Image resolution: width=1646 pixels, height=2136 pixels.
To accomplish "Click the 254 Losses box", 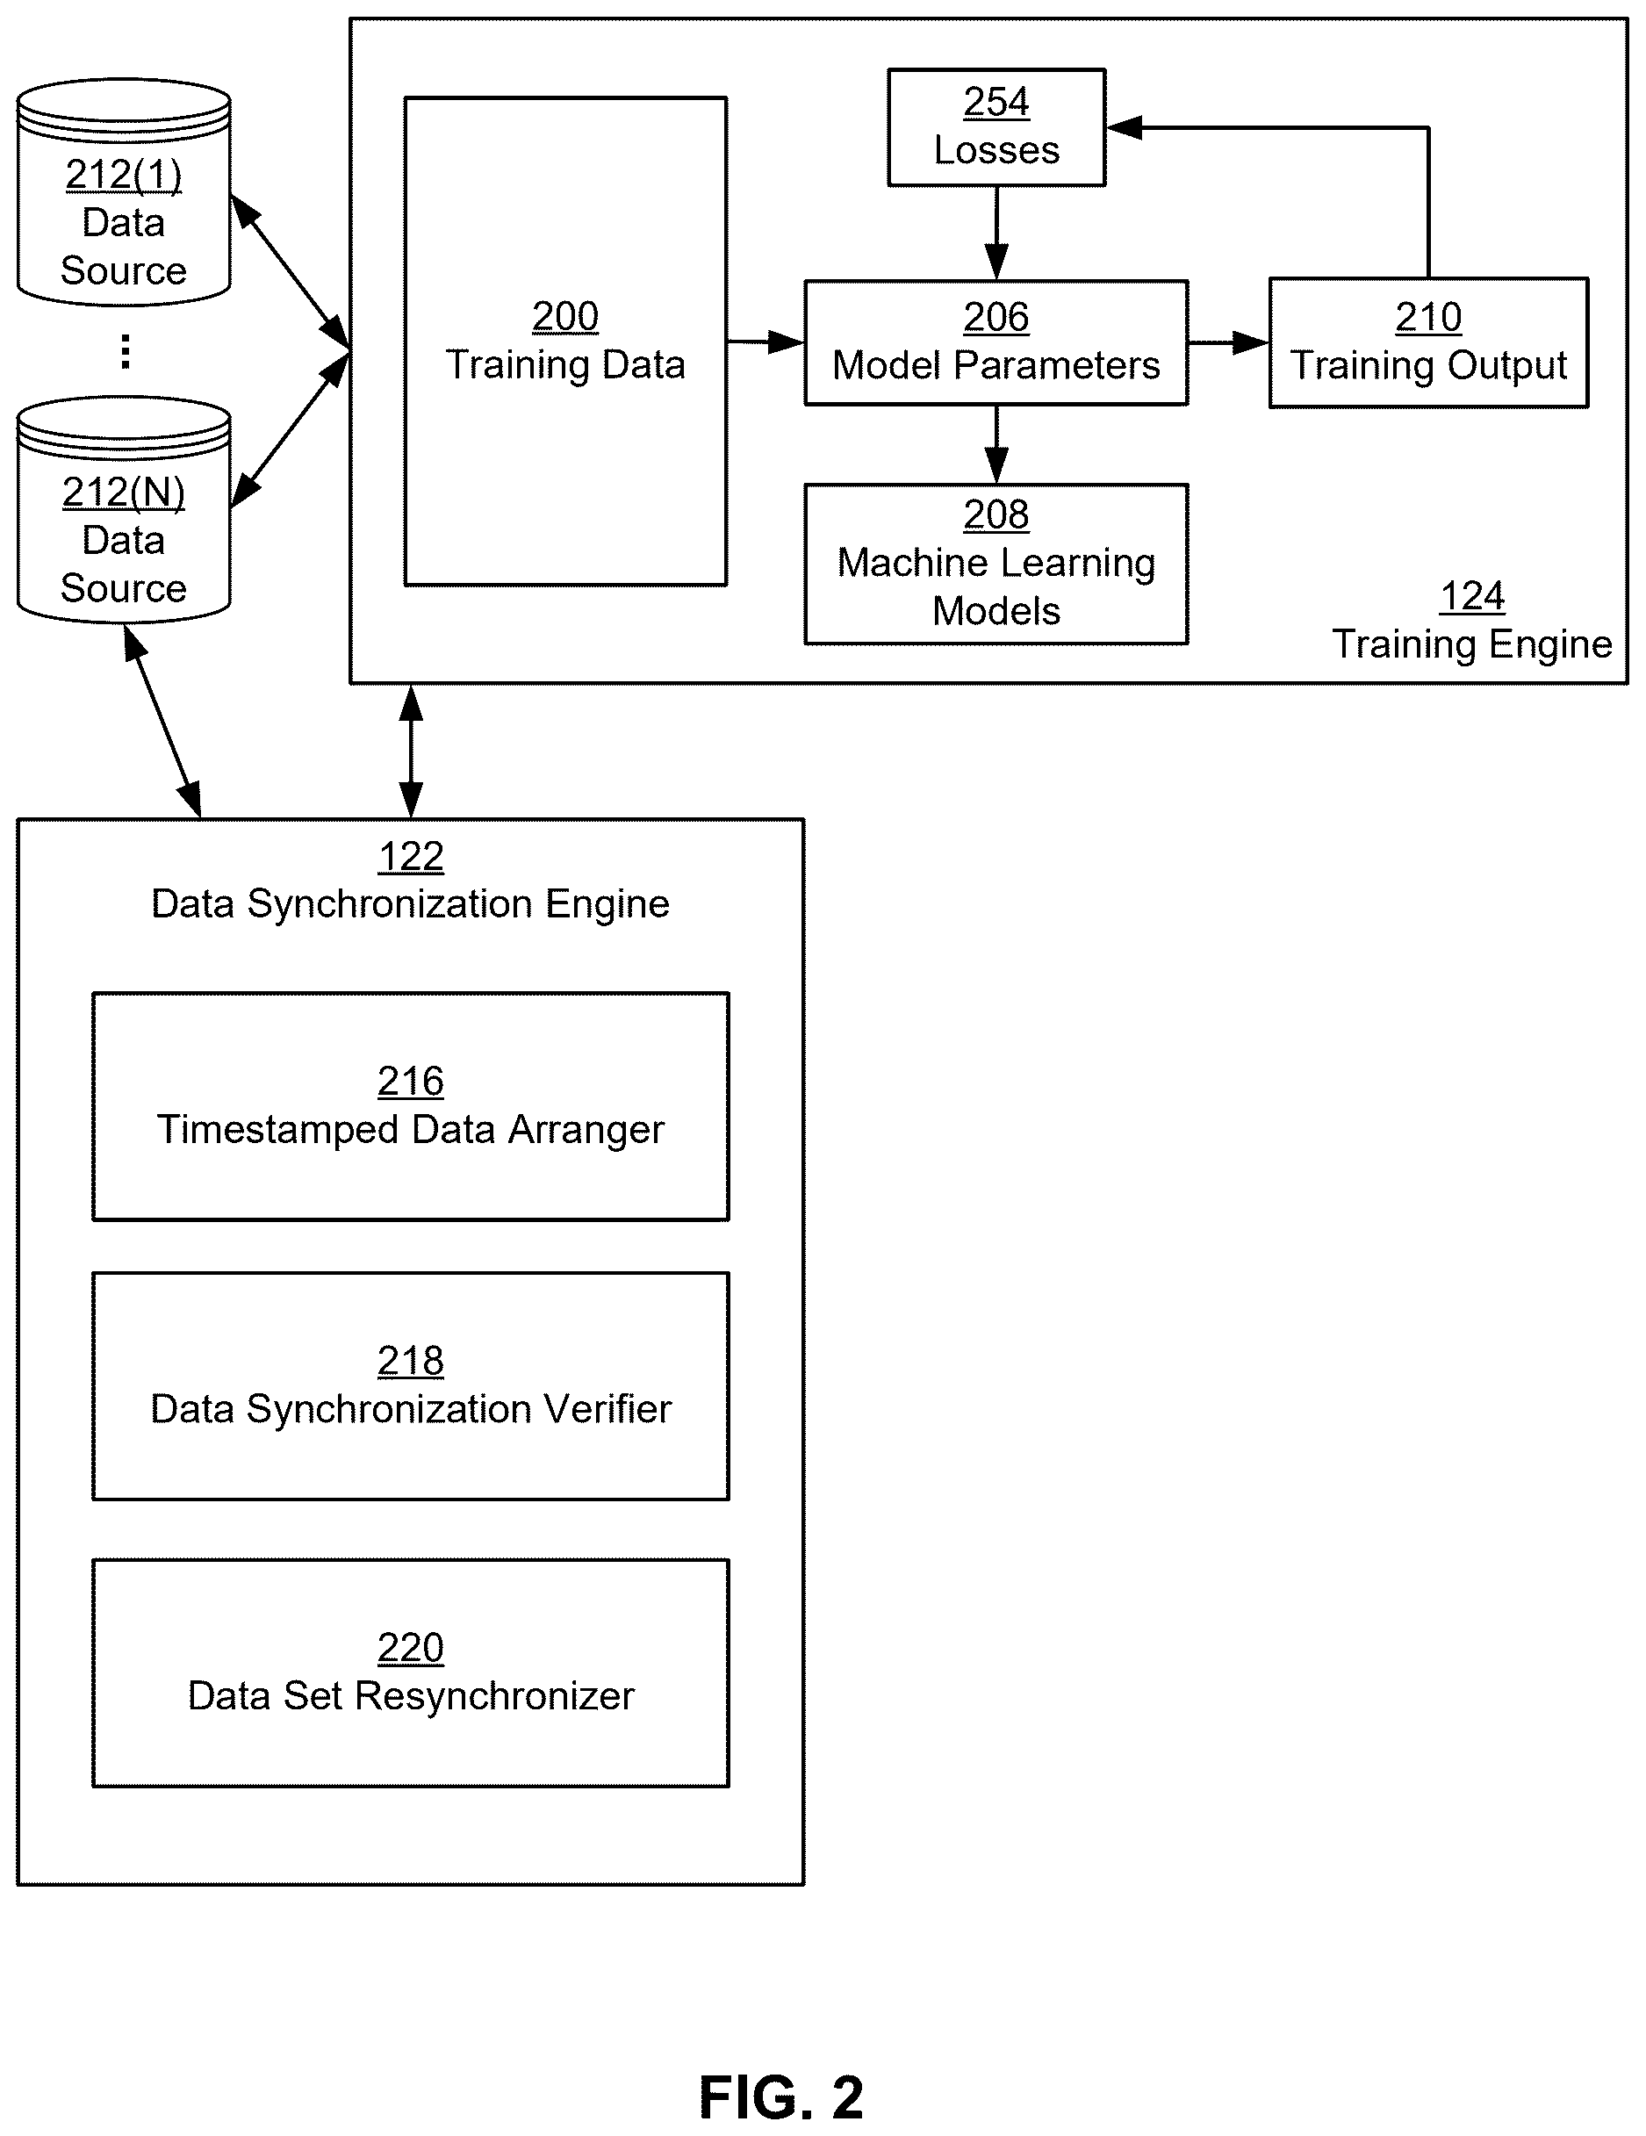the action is click(996, 127).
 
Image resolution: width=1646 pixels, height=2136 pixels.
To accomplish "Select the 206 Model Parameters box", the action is click(996, 342).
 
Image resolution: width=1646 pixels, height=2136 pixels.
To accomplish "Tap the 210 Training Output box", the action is click(1428, 342).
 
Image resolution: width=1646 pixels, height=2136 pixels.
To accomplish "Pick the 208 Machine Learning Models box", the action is click(996, 564).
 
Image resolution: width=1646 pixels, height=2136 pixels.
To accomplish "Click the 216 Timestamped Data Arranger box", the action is click(411, 1106).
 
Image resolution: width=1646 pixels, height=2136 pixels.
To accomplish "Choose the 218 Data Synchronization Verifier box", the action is click(411, 1386).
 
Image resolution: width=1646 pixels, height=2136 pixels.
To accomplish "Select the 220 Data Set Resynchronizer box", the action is click(411, 1672).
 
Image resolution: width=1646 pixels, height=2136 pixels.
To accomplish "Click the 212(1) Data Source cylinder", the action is click(124, 192).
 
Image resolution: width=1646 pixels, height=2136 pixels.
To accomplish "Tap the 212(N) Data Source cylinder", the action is click(124, 509).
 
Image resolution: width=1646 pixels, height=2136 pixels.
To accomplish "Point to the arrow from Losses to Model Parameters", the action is click(996, 233).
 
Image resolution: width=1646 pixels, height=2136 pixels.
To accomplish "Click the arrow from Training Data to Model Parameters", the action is click(765, 342).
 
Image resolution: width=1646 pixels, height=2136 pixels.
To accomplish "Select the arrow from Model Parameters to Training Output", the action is click(1228, 342).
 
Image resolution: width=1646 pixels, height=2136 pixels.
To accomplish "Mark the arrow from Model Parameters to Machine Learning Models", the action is click(996, 445).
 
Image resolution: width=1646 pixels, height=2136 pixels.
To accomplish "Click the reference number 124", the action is click(1472, 595).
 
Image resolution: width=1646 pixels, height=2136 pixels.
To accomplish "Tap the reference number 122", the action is click(411, 857).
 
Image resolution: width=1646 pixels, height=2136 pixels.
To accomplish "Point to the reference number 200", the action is click(565, 316).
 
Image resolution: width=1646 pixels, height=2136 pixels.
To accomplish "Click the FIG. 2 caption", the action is click(781, 2096).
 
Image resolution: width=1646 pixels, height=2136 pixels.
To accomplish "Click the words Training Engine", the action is click(1472, 644).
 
